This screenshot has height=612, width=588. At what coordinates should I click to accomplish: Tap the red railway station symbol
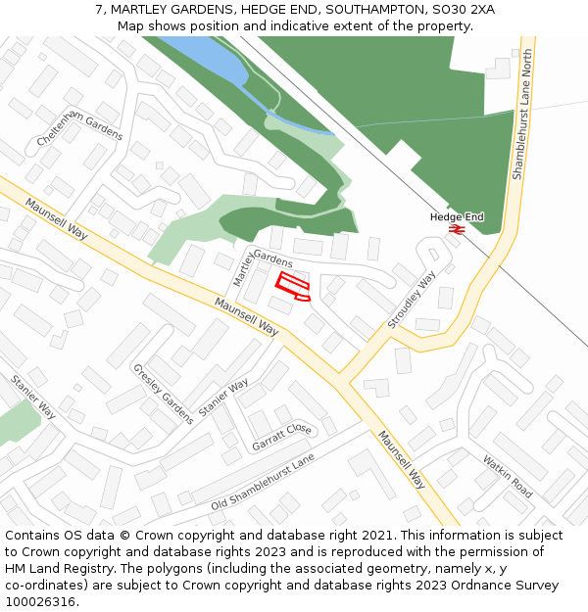(456, 229)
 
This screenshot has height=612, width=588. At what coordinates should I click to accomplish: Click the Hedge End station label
(457, 216)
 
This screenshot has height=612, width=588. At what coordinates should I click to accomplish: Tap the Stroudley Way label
(412, 300)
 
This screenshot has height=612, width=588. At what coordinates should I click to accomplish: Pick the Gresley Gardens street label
(163, 394)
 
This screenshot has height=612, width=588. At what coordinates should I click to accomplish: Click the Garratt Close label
(281, 436)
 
